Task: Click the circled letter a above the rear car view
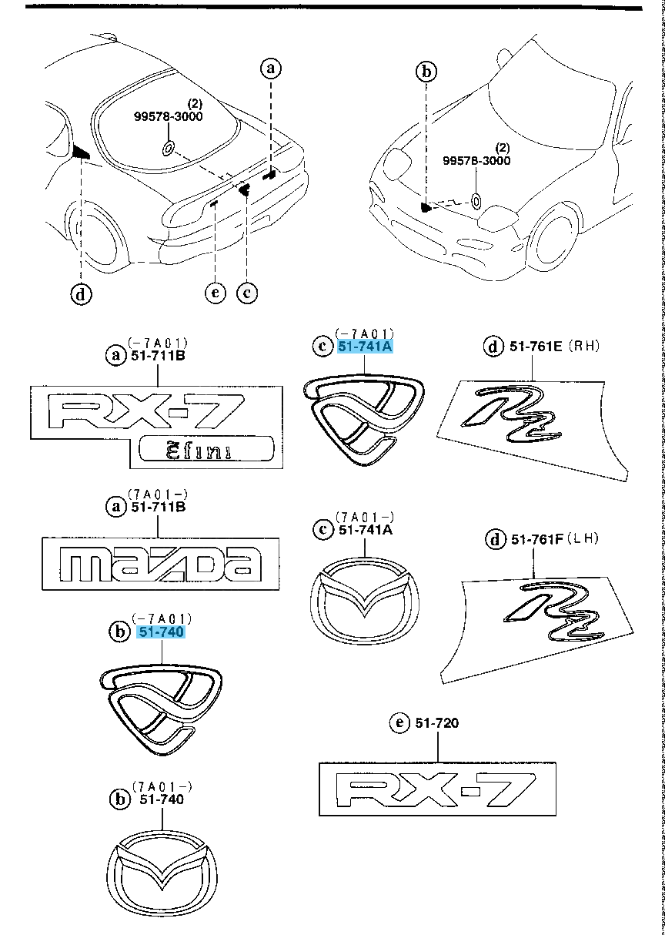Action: (x=269, y=69)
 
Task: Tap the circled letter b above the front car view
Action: (x=426, y=72)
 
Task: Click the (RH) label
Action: (x=583, y=347)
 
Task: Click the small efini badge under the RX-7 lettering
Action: (x=207, y=449)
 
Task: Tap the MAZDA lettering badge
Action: (x=161, y=565)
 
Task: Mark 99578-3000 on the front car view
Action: (x=476, y=161)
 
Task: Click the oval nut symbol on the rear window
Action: (x=169, y=148)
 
